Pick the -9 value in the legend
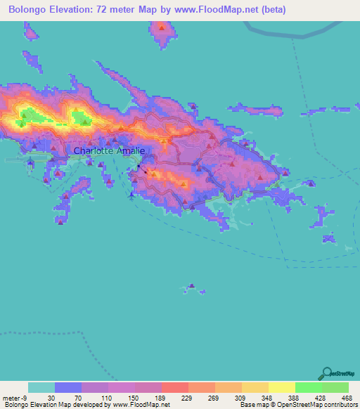[26, 398]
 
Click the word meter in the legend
[11, 398]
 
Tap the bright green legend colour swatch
[309, 387]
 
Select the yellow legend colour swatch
[282, 387]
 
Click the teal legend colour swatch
[41, 387]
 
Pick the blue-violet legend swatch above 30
[68, 387]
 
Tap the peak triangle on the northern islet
[162, 28]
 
